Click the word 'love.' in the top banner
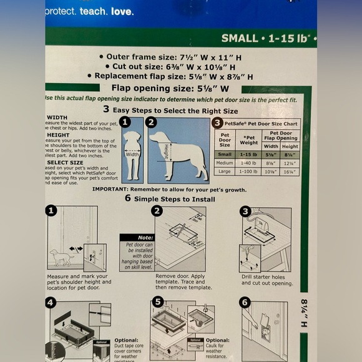[122, 11]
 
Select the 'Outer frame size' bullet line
[178, 56]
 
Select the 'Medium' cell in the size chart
[225, 164]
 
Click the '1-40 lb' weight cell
[250, 164]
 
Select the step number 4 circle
[51, 303]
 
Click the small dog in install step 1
[62, 256]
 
